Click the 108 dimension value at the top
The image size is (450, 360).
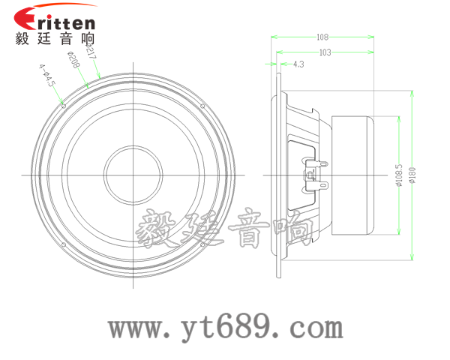(322, 37)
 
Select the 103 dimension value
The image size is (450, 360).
(325, 52)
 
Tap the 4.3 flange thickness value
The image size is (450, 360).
(298, 64)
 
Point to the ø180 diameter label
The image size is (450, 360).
(412, 175)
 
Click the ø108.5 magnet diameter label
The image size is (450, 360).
(399, 175)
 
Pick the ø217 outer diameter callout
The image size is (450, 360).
(91, 51)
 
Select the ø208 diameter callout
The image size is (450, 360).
(73, 60)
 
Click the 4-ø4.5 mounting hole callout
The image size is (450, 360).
(46, 75)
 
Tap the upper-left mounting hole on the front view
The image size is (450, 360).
(64, 106)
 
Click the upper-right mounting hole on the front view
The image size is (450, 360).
(202, 106)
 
